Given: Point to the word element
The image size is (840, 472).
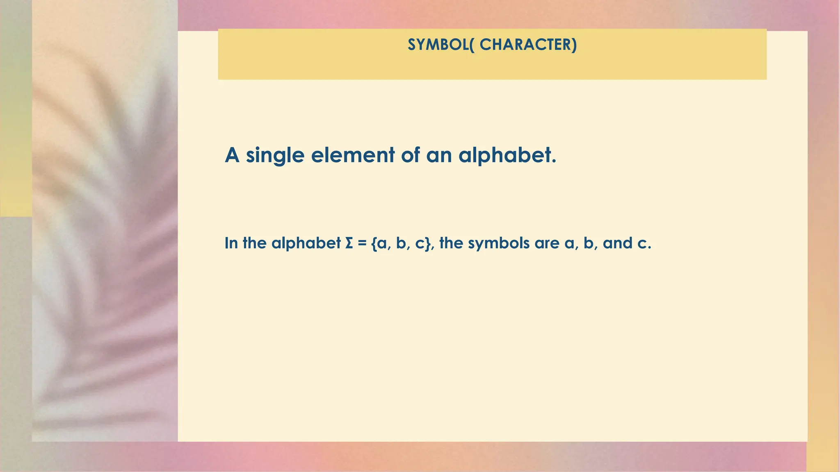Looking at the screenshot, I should pos(353,155).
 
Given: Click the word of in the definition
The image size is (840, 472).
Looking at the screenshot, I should pos(411,155).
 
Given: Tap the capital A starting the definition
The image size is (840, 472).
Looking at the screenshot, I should pos(232,155).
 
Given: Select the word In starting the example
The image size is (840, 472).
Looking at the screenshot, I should pos(231,243).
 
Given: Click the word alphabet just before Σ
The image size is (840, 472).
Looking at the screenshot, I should pos(306,243).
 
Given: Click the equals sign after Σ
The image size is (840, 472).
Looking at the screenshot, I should pos(361,243).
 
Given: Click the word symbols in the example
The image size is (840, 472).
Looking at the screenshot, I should pos(499,243).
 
